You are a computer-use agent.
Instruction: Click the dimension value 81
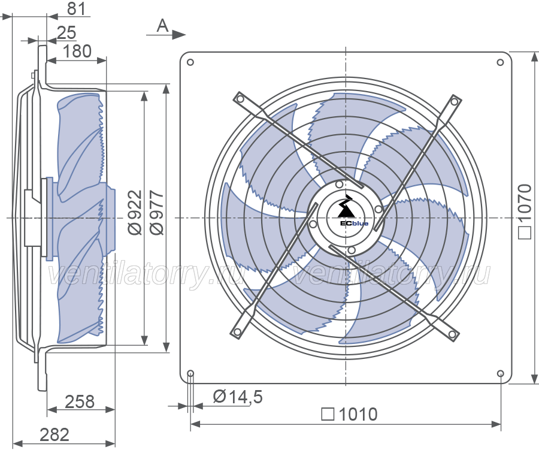click(x=76, y=8)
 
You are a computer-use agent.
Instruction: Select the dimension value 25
click(x=66, y=33)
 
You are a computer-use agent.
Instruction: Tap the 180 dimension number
click(x=77, y=52)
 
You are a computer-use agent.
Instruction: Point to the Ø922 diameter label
click(x=135, y=212)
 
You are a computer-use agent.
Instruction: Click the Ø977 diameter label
click(x=158, y=213)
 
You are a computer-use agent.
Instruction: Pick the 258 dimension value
click(x=80, y=401)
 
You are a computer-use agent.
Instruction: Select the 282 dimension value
click(x=54, y=435)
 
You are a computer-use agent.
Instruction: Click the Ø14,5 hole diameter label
click(x=238, y=397)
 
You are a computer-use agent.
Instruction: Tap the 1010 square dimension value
click(x=358, y=415)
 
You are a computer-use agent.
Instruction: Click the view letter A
click(x=162, y=26)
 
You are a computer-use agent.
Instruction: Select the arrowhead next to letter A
click(x=178, y=34)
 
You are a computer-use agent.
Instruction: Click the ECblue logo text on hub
click(x=354, y=224)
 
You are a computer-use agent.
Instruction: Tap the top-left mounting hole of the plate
click(x=190, y=62)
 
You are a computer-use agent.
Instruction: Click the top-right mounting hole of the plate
click(x=501, y=62)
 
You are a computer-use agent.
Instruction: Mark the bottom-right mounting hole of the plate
click(x=501, y=373)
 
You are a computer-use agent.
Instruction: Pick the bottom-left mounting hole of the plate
click(x=190, y=373)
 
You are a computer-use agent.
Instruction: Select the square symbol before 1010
click(x=328, y=415)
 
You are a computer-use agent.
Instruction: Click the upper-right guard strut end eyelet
click(x=455, y=101)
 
